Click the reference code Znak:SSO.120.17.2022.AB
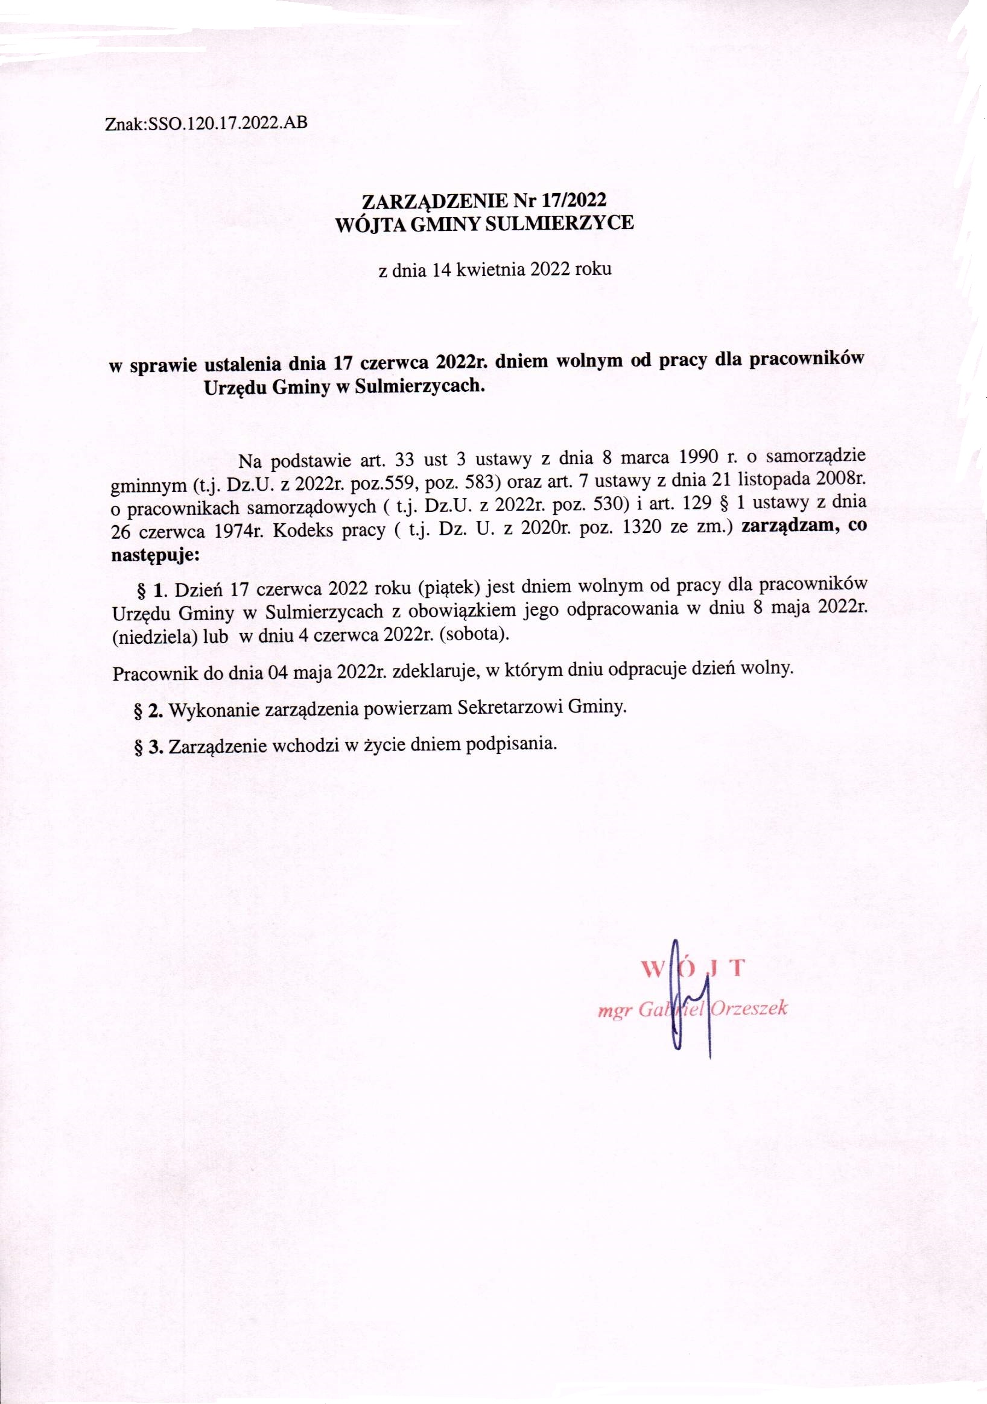pyautogui.click(x=206, y=124)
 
